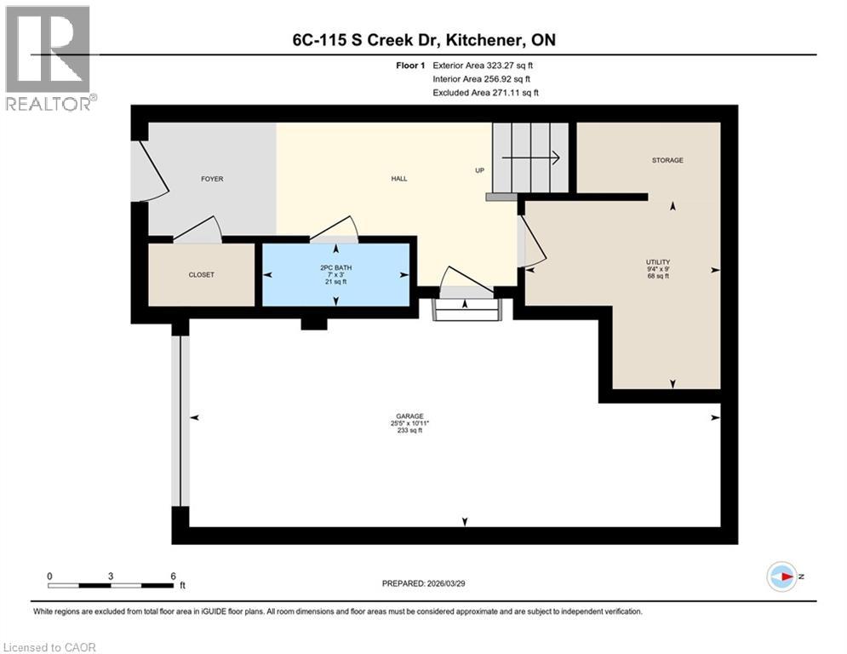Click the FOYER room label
pos(212,179)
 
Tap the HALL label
pos(398,179)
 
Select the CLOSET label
pos(202,275)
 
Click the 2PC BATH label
pos(335,267)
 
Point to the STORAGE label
pos(667,160)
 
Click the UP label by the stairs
pos(479,170)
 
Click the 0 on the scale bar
pos(49,576)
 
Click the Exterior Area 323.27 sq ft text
pos(483,65)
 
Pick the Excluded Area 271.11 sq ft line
pos(485,92)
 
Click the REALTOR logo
pos(48,58)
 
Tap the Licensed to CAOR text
pos(49,647)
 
